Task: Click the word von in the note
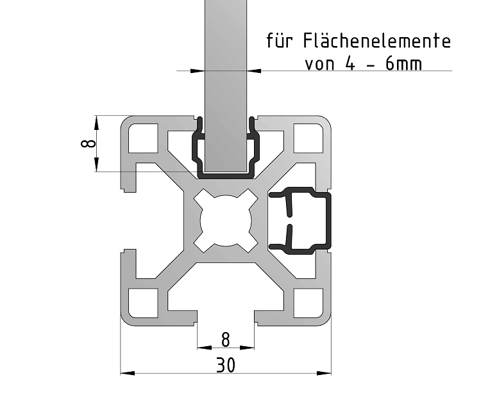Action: pyautogui.click(x=317, y=65)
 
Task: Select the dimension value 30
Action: pyautogui.click(x=225, y=365)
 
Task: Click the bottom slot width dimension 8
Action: pyautogui.click(x=225, y=337)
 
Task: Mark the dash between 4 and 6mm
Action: pyautogui.click(x=376, y=65)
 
